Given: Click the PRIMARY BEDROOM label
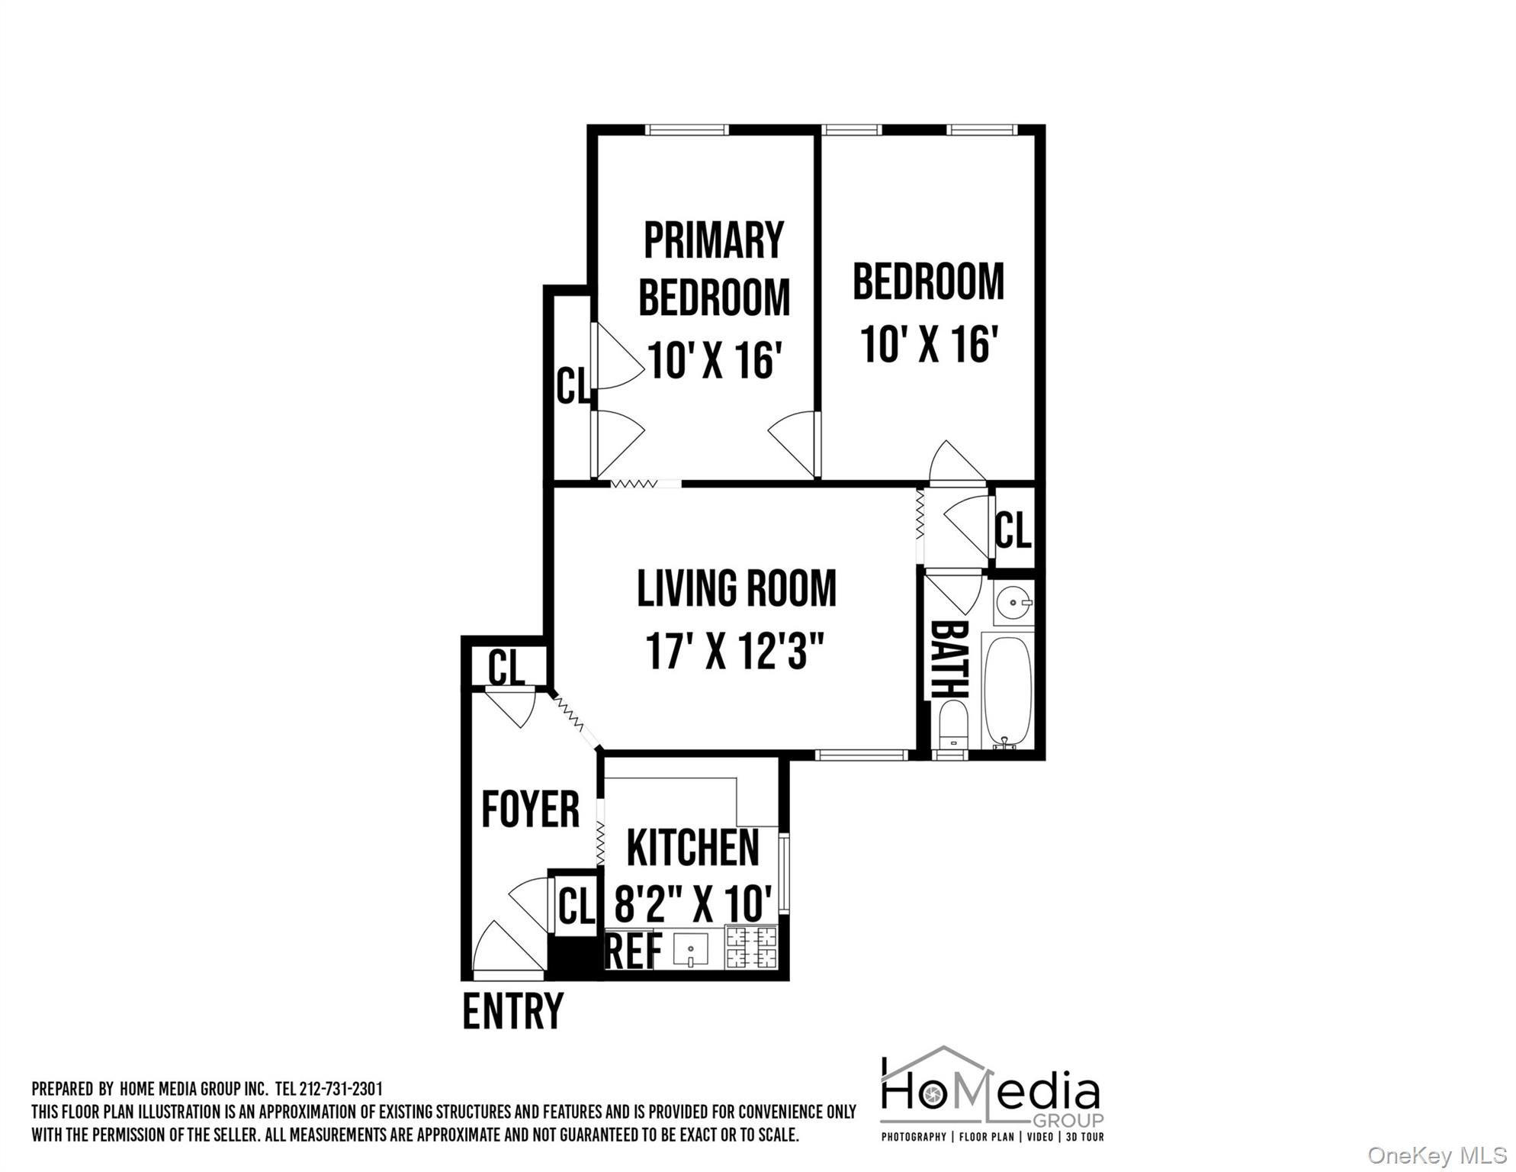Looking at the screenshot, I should [714, 268].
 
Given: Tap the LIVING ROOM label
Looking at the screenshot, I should [737, 588].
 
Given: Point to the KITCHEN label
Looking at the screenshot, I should [692, 848].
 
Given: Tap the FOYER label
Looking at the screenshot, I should [531, 810].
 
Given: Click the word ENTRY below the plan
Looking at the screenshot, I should [512, 1011].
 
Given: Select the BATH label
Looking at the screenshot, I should [950, 660].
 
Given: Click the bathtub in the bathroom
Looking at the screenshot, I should [1007, 691].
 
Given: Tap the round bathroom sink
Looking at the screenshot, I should [1013, 603].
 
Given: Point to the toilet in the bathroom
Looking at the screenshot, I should [953, 726].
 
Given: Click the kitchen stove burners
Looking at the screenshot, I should [751, 947].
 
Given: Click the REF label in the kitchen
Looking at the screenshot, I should [634, 951].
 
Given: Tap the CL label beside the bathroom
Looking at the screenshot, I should [1013, 530].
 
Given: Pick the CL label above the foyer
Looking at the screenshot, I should [506, 668].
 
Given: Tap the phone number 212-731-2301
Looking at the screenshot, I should [341, 1089].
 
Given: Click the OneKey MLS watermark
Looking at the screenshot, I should [1437, 1155].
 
